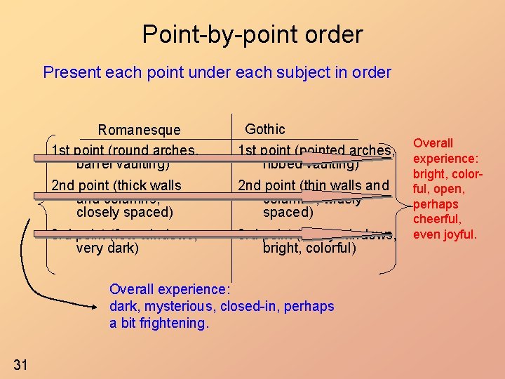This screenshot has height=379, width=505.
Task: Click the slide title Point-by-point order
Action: (252, 34)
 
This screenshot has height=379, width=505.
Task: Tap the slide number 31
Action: (20, 364)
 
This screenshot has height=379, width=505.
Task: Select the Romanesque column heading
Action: (139, 130)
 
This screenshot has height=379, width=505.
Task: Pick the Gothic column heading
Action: (264, 129)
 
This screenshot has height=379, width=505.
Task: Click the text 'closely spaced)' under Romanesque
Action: (124, 212)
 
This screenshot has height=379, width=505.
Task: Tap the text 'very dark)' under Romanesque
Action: (107, 248)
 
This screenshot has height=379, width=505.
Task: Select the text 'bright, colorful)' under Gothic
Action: (309, 248)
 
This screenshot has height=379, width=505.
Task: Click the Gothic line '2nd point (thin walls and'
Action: (313, 186)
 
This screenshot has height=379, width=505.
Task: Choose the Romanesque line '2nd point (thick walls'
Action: (116, 186)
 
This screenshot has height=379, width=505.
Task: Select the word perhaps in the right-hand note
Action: (436, 204)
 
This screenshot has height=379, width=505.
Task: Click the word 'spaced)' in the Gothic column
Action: (288, 212)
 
